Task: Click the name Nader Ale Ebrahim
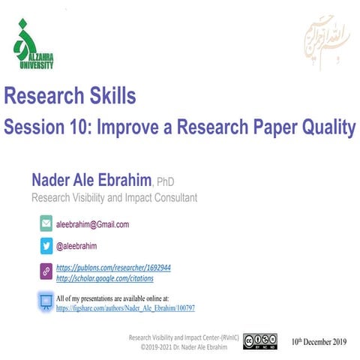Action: (91, 180)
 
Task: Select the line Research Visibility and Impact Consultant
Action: (114, 198)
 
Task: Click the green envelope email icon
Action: (46, 223)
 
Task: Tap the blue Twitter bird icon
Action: (46, 245)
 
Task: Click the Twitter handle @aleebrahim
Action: (82, 245)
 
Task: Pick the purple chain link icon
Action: (46, 271)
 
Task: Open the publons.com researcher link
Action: (114, 267)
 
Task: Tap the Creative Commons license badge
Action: (259, 341)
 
